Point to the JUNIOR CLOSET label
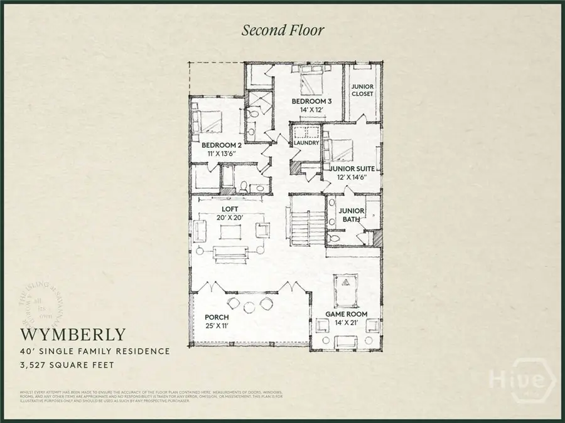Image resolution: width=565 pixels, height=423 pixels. (x=362, y=90)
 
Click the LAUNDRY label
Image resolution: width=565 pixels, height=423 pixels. (x=307, y=143)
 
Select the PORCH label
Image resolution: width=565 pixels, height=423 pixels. (x=217, y=317)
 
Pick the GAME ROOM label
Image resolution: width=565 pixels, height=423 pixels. (x=346, y=314)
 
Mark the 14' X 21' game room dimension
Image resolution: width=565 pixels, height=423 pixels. (x=346, y=323)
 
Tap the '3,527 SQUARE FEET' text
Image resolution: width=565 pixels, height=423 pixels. (x=67, y=363)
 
